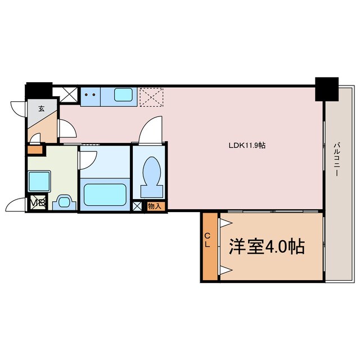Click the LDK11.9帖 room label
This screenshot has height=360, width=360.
point(246,145)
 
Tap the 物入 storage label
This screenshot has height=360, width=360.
point(154,206)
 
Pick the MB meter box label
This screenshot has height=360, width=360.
point(37,202)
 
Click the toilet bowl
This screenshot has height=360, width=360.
point(152,171)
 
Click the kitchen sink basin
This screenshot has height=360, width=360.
point(124,95)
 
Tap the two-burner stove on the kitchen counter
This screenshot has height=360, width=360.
point(89,95)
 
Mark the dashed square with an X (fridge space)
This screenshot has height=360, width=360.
point(150,96)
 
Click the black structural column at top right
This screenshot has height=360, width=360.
point(326,88)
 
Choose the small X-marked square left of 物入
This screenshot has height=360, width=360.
point(138,206)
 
